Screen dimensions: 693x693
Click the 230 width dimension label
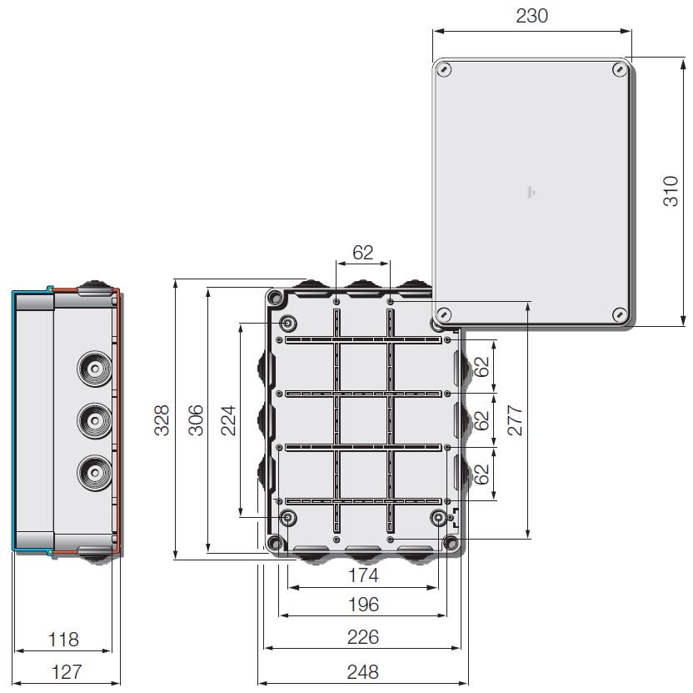[531, 16]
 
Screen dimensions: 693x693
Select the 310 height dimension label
[671, 191]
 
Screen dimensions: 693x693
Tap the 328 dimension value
[162, 420]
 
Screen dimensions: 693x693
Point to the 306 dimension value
[196, 420]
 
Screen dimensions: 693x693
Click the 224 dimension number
[228, 420]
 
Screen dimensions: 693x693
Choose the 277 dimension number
[515, 420]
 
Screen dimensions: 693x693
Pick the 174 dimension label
[363, 575]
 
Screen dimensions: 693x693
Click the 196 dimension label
[363, 605]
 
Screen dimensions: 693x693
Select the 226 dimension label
[363, 637]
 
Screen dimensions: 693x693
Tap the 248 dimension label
[363, 672]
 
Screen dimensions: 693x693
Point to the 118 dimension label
[63, 640]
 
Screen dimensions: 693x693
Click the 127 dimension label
[67, 672]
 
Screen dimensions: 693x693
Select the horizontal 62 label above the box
[363, 253]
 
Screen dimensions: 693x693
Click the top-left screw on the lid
[443, 70]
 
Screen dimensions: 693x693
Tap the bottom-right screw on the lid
[620, 314]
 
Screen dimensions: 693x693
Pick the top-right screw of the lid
[620, 70]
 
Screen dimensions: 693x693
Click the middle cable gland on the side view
[95, 420]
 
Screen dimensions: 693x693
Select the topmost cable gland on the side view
[95, 369]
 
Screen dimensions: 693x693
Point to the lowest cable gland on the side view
[95, 473]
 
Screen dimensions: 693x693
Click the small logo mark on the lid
[531, 192]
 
